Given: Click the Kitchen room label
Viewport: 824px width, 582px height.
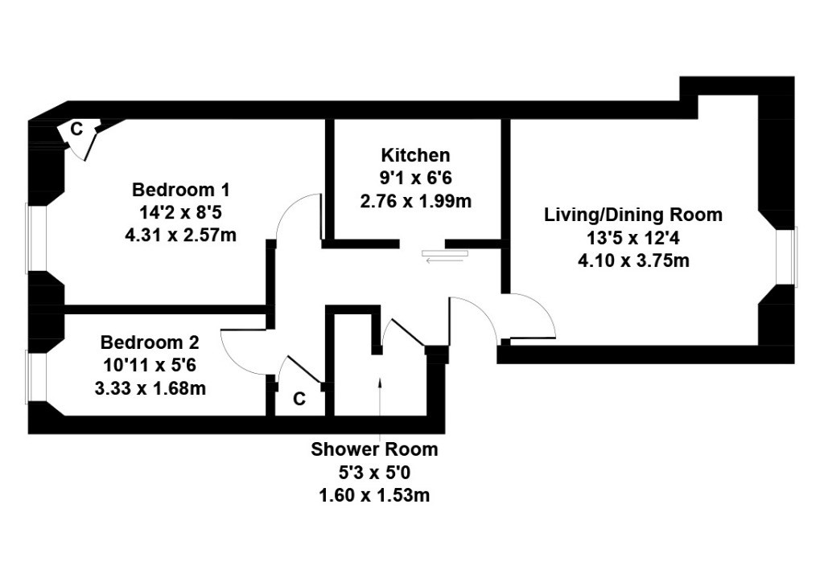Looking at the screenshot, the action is coord(415,155).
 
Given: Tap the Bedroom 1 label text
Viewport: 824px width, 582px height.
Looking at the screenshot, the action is coord(181,189).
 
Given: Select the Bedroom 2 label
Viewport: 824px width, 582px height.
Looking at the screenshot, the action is coord(150,342).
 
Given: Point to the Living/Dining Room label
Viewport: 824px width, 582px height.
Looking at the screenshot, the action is coord(633,215).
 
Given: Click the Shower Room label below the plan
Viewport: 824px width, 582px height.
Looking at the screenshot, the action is coord(374,449).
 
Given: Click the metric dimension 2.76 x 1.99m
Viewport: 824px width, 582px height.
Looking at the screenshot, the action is coord(415,201).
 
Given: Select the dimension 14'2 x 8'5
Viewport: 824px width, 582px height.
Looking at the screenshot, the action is coord(181,212).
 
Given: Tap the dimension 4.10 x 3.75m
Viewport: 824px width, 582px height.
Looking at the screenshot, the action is coord(633,260).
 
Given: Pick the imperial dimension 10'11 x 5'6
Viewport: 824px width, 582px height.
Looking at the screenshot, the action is coord(150,366).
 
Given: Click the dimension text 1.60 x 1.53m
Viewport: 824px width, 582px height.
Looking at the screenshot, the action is coord(374,495).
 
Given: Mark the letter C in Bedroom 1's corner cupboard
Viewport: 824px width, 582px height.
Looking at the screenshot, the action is coord(76,129).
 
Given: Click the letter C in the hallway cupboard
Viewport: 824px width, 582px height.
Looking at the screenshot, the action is coord(299,400).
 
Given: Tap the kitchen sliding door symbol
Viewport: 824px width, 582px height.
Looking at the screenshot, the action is coord(444,256).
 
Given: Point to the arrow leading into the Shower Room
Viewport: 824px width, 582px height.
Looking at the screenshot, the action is coord(380,407).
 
